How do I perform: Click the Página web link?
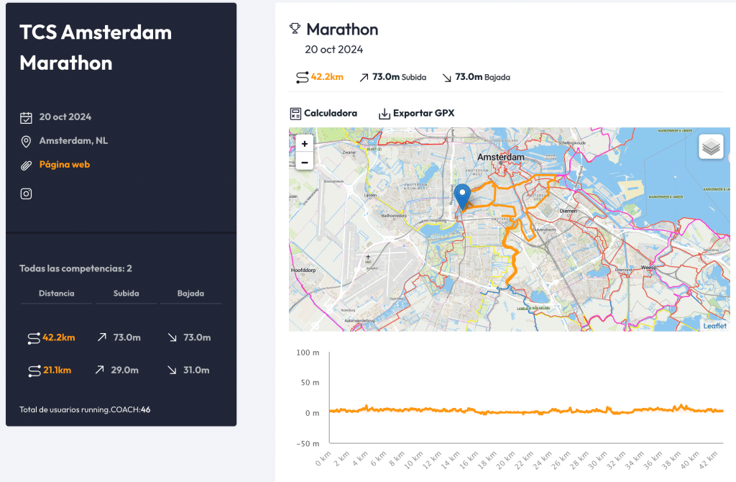coord(64,165)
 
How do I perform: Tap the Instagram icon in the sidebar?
coord(26,194)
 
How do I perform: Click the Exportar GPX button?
coord(416,114)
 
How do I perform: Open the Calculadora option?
coord(323,114)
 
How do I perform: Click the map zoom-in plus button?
coord(305,144)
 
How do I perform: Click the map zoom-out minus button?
coord(305,163)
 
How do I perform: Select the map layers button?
coord(711,147)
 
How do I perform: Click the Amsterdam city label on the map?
coord(501,157)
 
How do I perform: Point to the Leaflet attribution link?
coord(714,326)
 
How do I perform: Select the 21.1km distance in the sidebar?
coord(57,370)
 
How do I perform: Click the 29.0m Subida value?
coord(126,370)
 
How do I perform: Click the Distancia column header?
coord(56,294)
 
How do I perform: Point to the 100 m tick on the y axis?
coord(308,353)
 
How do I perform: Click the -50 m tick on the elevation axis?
coord(308,443)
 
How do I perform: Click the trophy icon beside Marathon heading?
coord(295,29)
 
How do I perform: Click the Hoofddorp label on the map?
coord(303,270)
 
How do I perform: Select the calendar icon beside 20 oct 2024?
coord(26,117)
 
